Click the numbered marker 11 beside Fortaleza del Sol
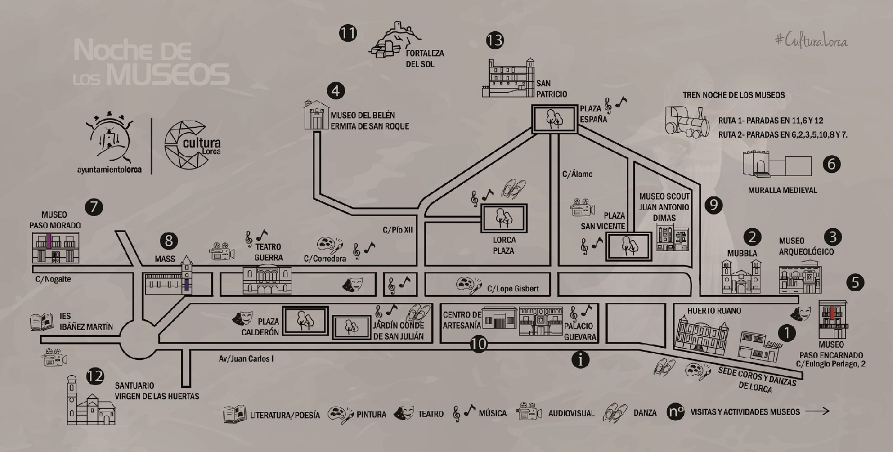(348, 33)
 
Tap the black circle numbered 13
(495, 41)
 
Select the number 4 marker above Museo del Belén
(336, 91)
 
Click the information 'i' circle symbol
(580, 360)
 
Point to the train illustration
(687, 122)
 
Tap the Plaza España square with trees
(554, 118)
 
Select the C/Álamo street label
(577, 174)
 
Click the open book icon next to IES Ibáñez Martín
(42, 322)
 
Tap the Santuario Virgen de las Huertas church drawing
(91, 400)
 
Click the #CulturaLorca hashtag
(812, 41)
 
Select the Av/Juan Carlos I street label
(246, 359)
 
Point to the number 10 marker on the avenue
(478, 344)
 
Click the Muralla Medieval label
(782, 190)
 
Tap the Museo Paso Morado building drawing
(55, 248)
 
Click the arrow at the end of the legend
(817, 411)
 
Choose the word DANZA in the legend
(645, 413)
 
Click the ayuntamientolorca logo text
(109, 169)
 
